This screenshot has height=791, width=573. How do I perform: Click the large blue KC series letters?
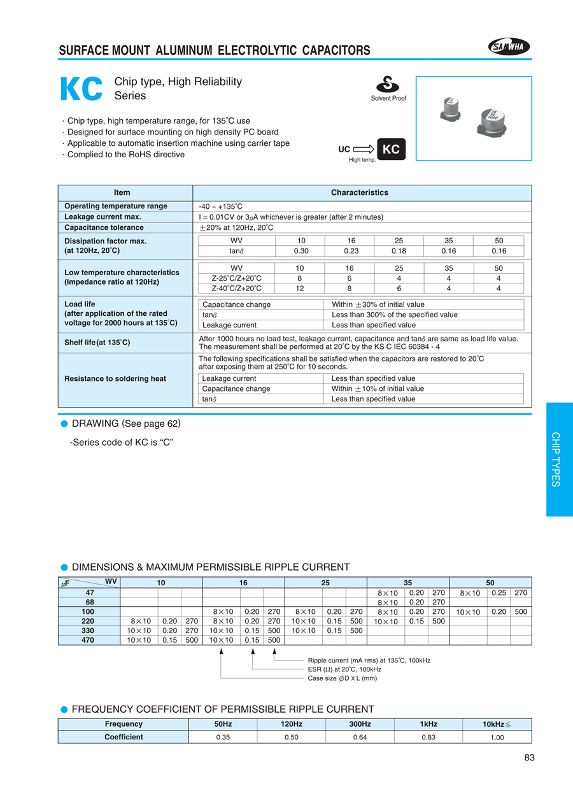pyautogui.click(x=81, y=90)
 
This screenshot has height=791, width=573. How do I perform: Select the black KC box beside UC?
pyautogui.click(x=391, y=149)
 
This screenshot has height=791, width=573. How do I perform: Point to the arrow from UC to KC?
pyautogui.click(x=363, y=150)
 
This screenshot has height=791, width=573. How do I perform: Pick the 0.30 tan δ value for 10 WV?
pyautogui.click(x=301, y=251)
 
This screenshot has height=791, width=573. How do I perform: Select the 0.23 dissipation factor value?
pyautogui.click(x=351, y=251)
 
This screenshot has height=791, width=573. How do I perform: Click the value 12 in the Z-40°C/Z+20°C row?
pyautogui.click(x=301, y=289)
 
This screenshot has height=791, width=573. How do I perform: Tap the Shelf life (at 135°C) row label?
pyautogui.click(x=97, y=343)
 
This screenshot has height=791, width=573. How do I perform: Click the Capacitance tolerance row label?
pyautogui.click(x=104, y=227)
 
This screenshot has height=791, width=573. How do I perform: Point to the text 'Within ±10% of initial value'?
pyautogui.click(x=378, y=388)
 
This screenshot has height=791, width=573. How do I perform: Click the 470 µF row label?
pyautogui.click(x=88, y=640)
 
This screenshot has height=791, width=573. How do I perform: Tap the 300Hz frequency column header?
pyautogui.click(x=360, y=724)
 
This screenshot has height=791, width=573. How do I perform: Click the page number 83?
pyautogui.click(x=530, y=758)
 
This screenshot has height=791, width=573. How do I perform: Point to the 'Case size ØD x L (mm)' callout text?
pyautogui.click(x=343, y=678)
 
